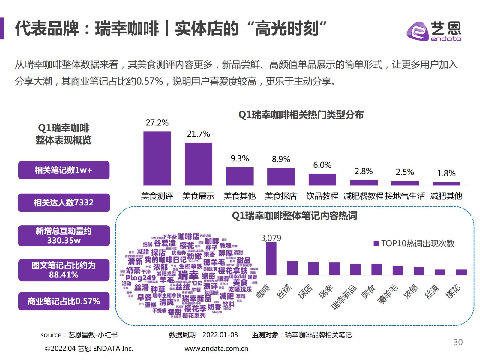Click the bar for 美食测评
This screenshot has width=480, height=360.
(157, 158)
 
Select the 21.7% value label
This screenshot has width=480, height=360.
(198, 134)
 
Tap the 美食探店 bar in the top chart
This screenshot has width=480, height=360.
(281, 177)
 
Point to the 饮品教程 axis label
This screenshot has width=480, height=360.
(322, 196)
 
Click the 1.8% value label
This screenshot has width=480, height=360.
(446, 173)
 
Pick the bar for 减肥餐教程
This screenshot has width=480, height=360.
(364, 183)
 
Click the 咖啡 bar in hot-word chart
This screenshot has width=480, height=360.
(271, 259)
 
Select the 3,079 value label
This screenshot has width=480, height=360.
(271, 238)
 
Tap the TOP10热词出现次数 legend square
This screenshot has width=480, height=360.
(376, 243)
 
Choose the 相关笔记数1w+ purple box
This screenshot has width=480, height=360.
(64, 170)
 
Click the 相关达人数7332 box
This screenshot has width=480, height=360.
(64, 203)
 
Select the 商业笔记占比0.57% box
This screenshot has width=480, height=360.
(64, 301)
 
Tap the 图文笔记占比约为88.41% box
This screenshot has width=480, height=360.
(64, 270)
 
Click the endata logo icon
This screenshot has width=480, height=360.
(417, 31)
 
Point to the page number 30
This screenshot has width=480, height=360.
(458, 342)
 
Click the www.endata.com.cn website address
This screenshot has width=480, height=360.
(216, 349)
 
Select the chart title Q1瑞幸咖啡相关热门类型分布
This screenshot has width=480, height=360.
(301, 115)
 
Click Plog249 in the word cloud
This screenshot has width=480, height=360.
(141, 278)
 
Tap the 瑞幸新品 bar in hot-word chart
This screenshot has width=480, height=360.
(355, 269)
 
